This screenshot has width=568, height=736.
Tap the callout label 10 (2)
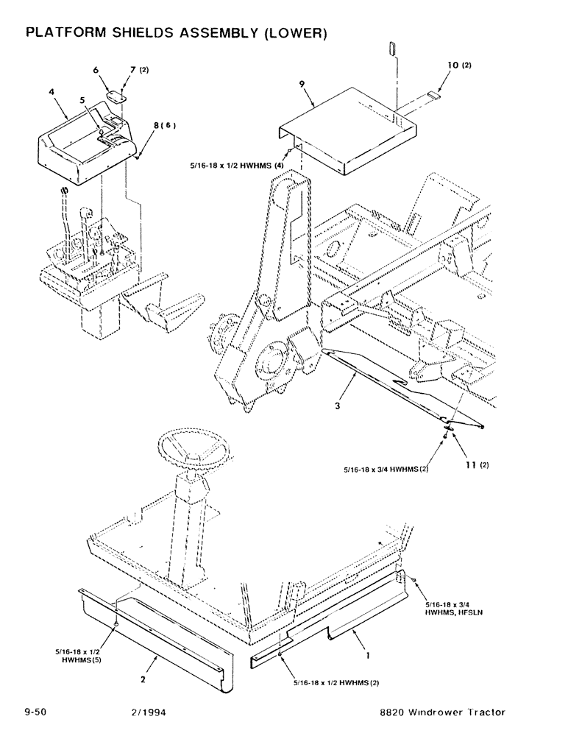(457, 65)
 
